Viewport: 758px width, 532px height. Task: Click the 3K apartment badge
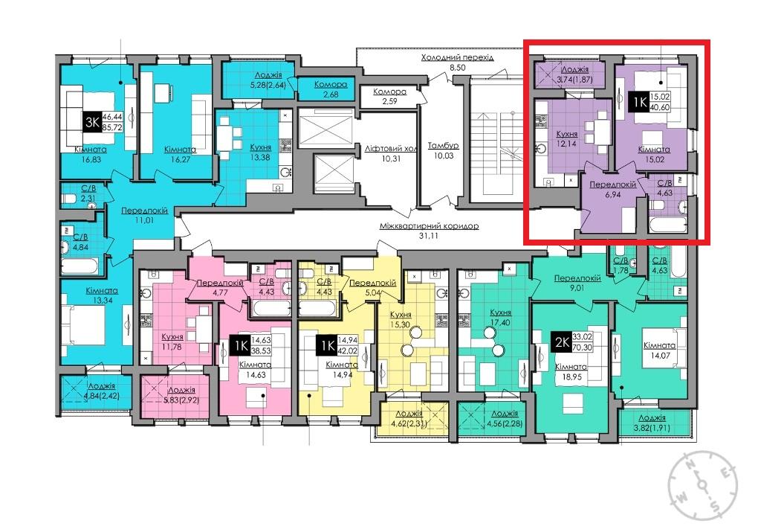pos(92,122)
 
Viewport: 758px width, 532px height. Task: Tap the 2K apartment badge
pos(562,342)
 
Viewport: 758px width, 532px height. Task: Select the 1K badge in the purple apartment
pos(639,102)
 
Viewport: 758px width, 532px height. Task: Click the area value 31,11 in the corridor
pos(430,236)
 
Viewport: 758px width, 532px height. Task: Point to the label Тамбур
pos(443,145)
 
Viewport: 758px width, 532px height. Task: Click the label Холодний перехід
pos(457,57)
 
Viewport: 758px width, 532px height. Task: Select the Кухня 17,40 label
pos(500,317)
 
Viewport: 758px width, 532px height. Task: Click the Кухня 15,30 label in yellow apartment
pos(401,319)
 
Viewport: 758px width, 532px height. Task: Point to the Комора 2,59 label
pos(389,96)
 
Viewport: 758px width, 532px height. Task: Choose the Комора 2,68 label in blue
pos(331,89)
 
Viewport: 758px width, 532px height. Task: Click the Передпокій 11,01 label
pos(144,215)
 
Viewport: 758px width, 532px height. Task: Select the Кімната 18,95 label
pos(571,371)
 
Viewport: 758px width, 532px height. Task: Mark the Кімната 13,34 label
pos(102,295)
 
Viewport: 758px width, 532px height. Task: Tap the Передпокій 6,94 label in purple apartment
pos(612,189)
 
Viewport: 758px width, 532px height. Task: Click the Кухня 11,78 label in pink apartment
pos(172,341)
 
